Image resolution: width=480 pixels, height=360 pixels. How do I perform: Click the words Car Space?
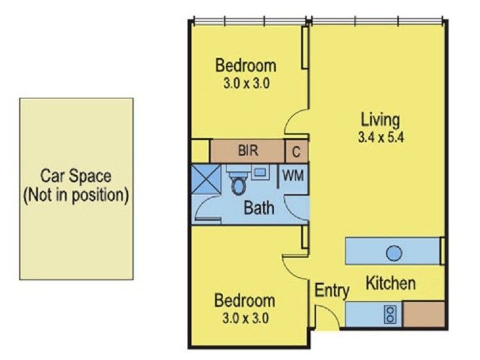pyautogui.click(x=76, y=175)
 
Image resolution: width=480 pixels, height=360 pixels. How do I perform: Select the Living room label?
pyautogui.click(x=380, y=120)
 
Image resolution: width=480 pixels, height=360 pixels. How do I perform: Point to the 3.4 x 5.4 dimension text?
pyautogui.click(x=380, y=136)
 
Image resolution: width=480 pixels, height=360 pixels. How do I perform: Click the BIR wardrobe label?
pyautogui.click(x=248, y=152)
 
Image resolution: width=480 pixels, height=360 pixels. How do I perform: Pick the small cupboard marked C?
pyautogui.click(x=296, y=152)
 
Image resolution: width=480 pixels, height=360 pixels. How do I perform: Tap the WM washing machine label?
pyautogui.click(x=293, y=174)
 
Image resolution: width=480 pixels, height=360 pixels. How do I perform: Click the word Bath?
pyautogui.click(x=259, y=207)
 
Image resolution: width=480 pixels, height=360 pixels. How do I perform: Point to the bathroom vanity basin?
pyautogui.click(x=260, y=172)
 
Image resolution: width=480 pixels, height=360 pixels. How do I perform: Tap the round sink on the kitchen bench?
pyautogui.click(x=394, y=253)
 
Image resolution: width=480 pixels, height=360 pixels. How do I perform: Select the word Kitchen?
pyautogui.click(x=390, y=283)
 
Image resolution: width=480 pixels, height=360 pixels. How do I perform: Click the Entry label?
pyautogui.click(x=332, y=291)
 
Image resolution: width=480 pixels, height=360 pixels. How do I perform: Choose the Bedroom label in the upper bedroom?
pyautogui.click(x=246, y=65)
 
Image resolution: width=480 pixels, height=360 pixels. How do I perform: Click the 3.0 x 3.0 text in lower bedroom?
pyautogui.click(x=244, y=317)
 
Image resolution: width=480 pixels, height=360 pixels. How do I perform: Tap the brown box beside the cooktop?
pyautogui.click(x=424, y=314)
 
